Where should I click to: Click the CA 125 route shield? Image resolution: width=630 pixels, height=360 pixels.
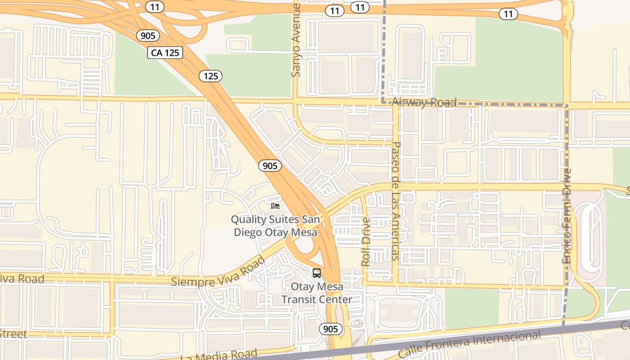(x=165, y=53)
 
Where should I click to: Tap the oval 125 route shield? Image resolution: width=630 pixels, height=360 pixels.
(x=211, y=76)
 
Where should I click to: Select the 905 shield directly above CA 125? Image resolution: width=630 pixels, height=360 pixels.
(x=148, y=36)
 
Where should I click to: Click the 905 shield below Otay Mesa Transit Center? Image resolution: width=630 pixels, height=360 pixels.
(x=331, y=329)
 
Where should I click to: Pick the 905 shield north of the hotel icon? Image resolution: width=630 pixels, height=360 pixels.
(x=270, y=166)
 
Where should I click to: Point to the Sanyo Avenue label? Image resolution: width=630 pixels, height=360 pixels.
(x=296, y=40)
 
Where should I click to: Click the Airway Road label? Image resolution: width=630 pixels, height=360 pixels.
(x=424, y=102)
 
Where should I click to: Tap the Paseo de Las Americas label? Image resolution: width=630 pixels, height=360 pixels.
(x=396, y=201)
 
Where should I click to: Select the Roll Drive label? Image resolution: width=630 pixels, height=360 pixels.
(x=366, y=242)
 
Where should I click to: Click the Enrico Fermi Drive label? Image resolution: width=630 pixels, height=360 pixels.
(x=567, y=216)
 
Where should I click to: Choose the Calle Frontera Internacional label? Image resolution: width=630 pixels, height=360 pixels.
(x=470, y=344)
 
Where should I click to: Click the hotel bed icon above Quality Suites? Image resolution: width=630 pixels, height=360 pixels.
(x=275, y=206)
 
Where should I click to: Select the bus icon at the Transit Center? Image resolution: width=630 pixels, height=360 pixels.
(x=317, y=273)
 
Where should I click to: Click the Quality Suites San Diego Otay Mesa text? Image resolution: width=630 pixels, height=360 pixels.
(x=275, y=226)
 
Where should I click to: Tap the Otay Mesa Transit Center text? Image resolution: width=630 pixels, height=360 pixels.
(x=317, y=293)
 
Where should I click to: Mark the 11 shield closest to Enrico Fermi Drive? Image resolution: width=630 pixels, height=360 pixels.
(x=508, y=14)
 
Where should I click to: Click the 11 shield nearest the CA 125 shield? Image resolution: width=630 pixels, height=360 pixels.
(x=155, y=7)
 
